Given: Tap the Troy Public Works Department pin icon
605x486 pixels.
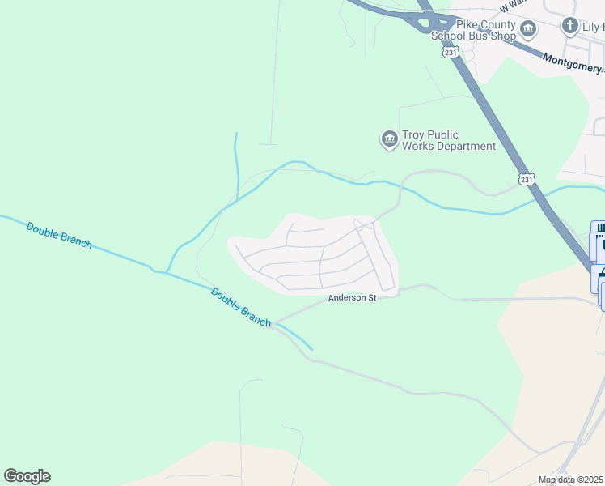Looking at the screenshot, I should [x=389, y=140].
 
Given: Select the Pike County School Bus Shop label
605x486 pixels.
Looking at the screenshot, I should [x=473, y=30].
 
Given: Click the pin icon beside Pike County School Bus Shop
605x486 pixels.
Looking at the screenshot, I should [x=528, y=31].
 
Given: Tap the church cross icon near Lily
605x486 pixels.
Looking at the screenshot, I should [x=570, y=27].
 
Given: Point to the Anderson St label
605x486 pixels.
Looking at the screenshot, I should [x=353, y=298].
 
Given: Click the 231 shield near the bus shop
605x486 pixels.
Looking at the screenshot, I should [x=451, y=52].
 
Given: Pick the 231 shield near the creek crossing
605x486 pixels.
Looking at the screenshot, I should [x=527, y=179].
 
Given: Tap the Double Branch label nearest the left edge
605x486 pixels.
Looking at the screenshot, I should [x=59, y=235].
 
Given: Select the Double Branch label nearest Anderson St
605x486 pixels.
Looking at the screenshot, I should [x=241, y=307].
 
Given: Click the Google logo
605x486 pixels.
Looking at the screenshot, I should [x=27, y=476].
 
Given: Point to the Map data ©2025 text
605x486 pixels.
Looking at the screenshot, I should [x=571, y=480].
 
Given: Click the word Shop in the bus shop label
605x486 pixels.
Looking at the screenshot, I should [x=503, y=36].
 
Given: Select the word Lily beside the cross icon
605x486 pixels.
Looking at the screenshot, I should [x=593, y=27].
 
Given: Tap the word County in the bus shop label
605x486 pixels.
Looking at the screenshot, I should [x=490, y=24].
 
